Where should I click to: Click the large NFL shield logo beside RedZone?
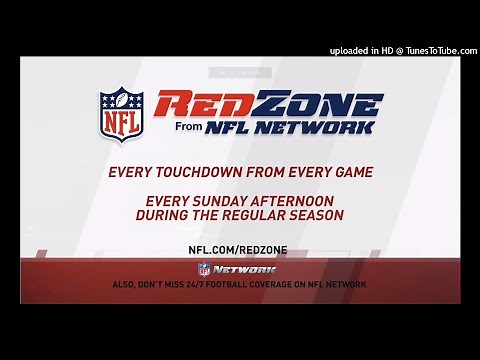(122, 113)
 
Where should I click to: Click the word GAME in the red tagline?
(348, 171)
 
